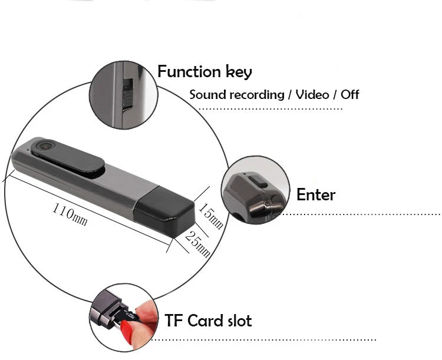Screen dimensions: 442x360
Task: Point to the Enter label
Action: click(316, 195)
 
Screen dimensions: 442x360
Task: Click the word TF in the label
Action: click(175, 321)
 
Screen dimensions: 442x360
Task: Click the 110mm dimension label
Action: click(70, 214)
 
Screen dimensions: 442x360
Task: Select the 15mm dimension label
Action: click(210, 216)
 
